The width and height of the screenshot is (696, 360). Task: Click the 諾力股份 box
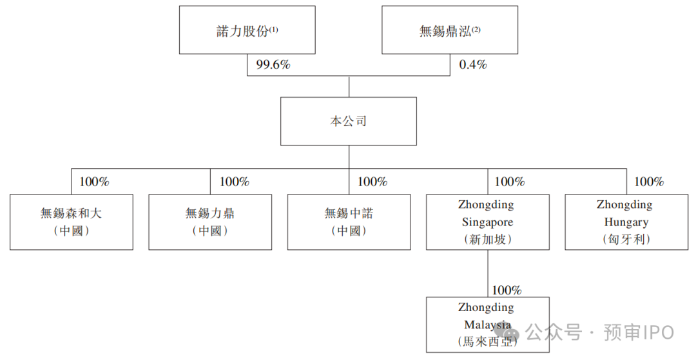[x=247, y=30]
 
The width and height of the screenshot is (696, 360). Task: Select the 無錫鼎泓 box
[x=450, y=30]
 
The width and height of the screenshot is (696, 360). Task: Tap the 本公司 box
[x=349, y=121]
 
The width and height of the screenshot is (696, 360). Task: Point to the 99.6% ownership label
[x=273, y=65]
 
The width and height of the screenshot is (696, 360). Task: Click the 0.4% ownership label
[x=473, y=65]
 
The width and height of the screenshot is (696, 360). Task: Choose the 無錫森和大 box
[x=72, y=222]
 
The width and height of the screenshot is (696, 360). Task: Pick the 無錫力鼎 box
[x=210, y=222]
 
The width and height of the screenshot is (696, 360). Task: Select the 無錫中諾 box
[x=349, y=222]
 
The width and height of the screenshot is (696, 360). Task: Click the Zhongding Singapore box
[x=488, y=222]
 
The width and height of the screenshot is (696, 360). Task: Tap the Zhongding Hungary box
[x=626, y=222]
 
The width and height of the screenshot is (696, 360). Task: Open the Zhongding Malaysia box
[x=488, y=325]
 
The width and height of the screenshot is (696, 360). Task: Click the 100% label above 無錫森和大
[x=94, y=182]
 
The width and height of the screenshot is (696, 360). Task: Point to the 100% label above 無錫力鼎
[x=235, y=182]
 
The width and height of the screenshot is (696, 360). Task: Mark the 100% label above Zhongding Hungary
[x=649, y=182]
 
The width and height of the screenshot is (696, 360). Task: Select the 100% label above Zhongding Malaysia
[x=507, y=290]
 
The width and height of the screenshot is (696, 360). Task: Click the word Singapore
[x=487, y=223]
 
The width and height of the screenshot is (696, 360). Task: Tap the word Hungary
[x=626, y=223]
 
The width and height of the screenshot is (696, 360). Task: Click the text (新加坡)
[x=488, y=240]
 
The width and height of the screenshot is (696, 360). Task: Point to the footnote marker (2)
[x=476, y=30]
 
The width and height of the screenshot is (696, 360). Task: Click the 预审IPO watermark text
[x=639, y=332]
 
